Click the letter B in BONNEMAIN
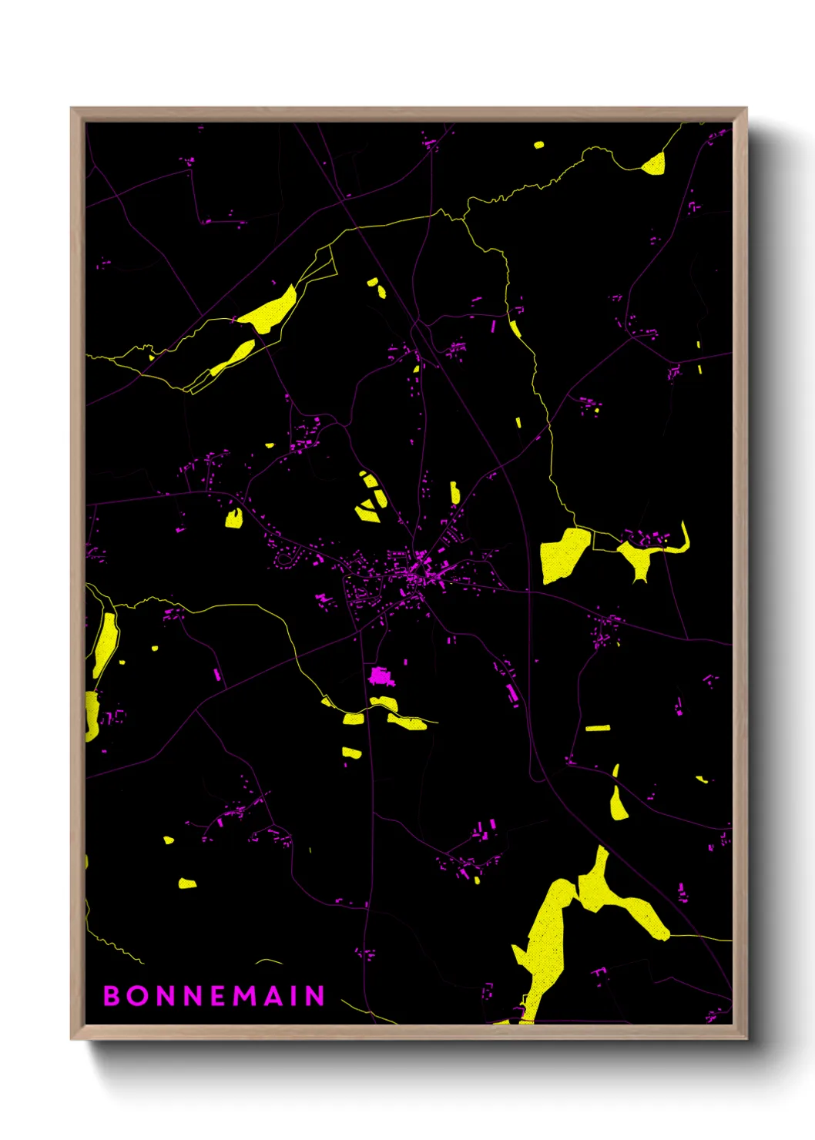coord(111,995)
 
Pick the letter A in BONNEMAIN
coord(273,995)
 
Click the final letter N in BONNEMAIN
coord(315,995)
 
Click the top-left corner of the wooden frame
coord(72,109)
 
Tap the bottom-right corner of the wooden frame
coord(746,1038)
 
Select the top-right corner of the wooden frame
coord(746,109)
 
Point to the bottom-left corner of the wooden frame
coord(72,1038)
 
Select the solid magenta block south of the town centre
coord(381,677)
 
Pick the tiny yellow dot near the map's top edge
coord(538,144)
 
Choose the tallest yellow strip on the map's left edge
coord(105,645)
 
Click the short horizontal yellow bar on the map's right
coord(598,728)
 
